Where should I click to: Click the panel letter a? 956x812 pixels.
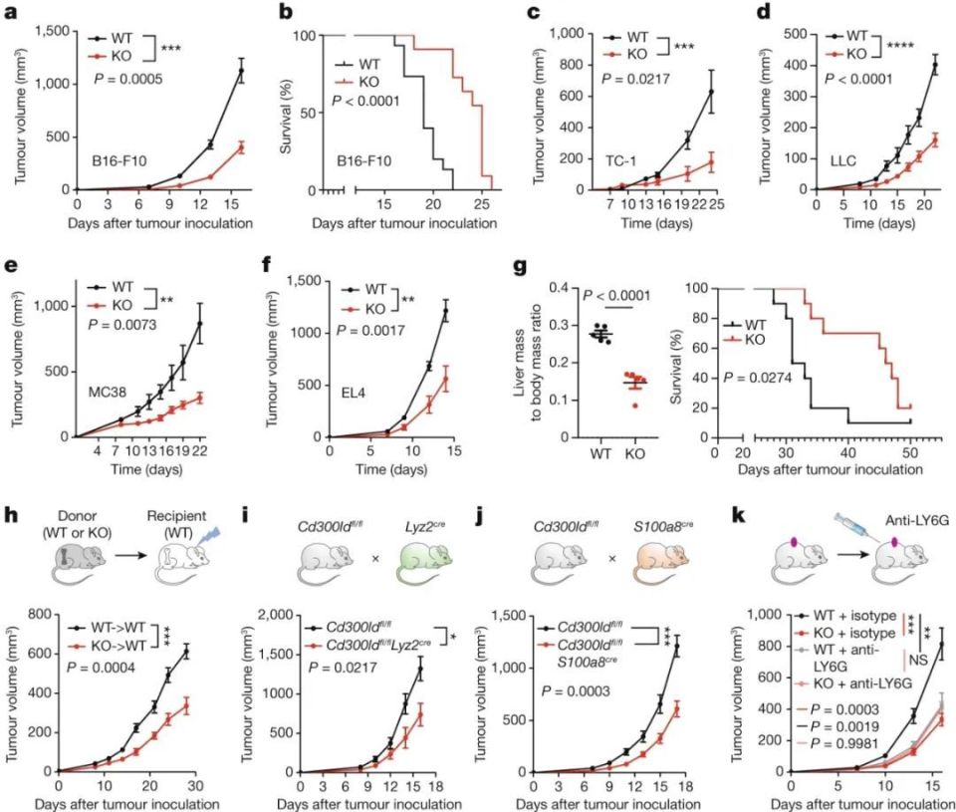[10, 15]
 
